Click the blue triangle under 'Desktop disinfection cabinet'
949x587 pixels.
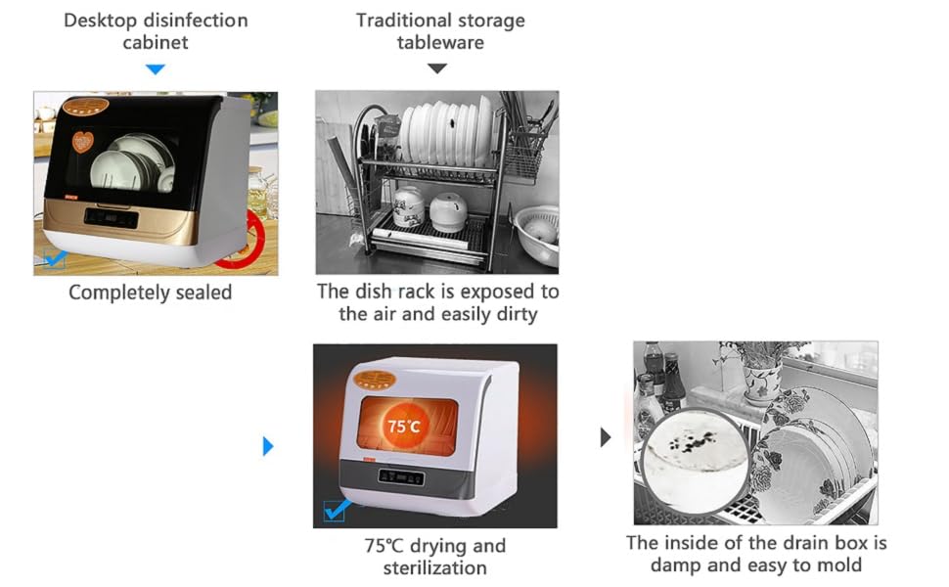click(x=155, y=69)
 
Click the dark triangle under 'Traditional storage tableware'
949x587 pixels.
click(x=437, y=69)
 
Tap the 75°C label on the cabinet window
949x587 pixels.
click(x=403, y=427)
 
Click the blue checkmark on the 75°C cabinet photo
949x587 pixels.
click(x=338, y=510)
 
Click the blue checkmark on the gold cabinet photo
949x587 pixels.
click(x=55, y=258)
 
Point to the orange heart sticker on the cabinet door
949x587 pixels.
click(x=83, y=144)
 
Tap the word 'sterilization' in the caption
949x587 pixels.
click(x=434, y=567)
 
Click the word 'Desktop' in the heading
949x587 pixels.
click(x=101, y=21)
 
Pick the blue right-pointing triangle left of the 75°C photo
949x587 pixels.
click(x=268, y=447)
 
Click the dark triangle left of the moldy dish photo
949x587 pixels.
click(x=606, y=437)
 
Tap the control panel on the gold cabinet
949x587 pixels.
click(x=110, y=217)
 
